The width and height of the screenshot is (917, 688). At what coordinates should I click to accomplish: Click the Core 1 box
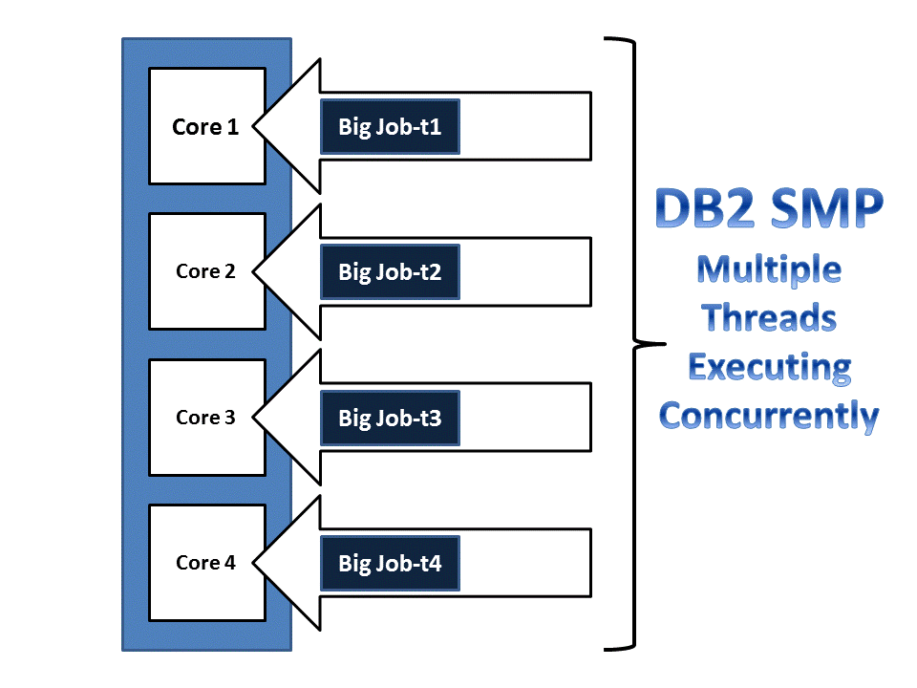coord(206,126)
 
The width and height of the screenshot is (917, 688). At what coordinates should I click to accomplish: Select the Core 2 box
coord(206,271)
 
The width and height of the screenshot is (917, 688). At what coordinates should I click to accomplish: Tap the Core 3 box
coord(206,418)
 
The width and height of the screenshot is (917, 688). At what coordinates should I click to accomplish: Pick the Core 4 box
coord(206,563)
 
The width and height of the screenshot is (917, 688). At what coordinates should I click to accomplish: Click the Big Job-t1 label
coord(390,126)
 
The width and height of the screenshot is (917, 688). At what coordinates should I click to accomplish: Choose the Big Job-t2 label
coord(390,272)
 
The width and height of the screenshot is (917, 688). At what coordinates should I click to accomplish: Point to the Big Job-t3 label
coord(390,418)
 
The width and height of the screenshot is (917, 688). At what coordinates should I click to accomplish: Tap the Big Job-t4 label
coord(390,563)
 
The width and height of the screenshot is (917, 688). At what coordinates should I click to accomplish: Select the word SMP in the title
coord(824,209)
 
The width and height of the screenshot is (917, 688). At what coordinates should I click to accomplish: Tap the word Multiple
coord(769,270)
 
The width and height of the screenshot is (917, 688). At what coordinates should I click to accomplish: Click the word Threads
coord(769,318)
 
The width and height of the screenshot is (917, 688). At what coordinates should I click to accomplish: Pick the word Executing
coord(769,367)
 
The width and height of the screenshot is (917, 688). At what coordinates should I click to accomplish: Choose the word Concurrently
coord(769,416)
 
